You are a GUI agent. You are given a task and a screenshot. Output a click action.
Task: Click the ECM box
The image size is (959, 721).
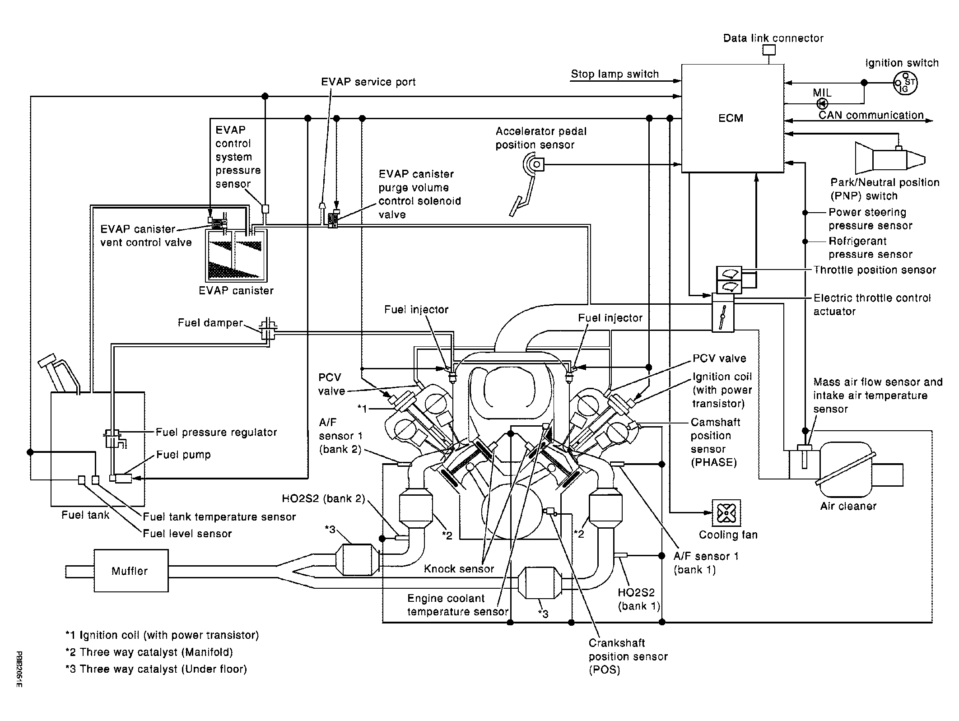[x=732, y=118]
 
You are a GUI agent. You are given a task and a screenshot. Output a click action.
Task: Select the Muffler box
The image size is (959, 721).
[x=131, y=571]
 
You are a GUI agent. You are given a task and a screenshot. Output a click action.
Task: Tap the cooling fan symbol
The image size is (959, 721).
[x=726, y=513]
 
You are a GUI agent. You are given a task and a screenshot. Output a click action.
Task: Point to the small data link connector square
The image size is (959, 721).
[x=769, y=50]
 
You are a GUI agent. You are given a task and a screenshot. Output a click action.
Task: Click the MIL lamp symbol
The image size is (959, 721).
[x=822, y=104]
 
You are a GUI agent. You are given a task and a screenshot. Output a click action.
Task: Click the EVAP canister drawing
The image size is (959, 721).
[x=236, y=255]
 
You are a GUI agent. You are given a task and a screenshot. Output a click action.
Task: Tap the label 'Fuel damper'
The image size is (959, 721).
[x=210, y=323]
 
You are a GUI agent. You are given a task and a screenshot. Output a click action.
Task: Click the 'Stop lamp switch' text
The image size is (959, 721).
[x=615, y=74]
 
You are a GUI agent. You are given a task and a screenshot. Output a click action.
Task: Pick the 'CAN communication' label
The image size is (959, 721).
[x=871, y=115]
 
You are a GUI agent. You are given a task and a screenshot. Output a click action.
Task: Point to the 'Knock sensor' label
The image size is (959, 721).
[x=459, y=569]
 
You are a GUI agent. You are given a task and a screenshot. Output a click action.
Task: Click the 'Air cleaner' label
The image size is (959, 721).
[x=848, y=506]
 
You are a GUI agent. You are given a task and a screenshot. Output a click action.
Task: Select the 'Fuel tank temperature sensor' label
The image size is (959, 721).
[x=219, y=516]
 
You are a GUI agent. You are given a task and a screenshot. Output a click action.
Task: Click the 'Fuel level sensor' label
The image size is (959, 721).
[x=187, y=534]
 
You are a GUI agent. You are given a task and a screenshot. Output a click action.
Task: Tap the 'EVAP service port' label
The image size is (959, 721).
[x=368, y=82]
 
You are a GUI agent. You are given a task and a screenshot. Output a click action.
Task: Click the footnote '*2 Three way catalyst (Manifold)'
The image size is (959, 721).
[x=149, y=652]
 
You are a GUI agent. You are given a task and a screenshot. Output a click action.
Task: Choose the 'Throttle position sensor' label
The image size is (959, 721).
[x=875, y=270]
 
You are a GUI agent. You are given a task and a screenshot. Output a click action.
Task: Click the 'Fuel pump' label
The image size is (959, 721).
[x=183, y=455]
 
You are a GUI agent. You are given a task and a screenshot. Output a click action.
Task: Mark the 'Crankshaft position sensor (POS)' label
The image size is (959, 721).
[x=628, y=656]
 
